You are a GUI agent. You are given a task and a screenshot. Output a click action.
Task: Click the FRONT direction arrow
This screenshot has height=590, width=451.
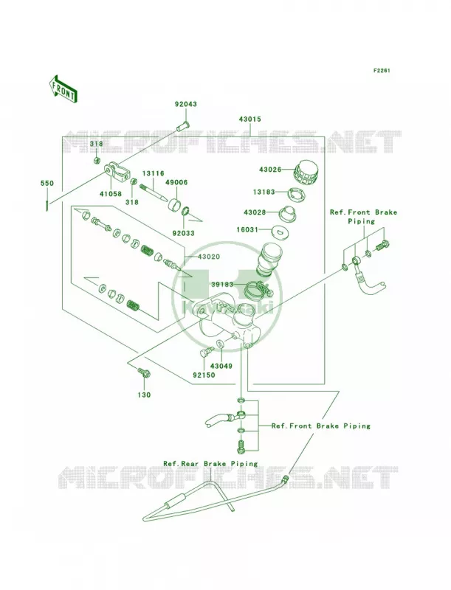tap(62, 88)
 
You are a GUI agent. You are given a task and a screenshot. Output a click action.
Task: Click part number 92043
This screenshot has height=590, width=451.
tap(185, 104)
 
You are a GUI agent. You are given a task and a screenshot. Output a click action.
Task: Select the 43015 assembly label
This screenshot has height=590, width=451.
tap(250, 119)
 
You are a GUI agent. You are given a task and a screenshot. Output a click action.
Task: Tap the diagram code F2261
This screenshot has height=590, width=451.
tap(382, 70)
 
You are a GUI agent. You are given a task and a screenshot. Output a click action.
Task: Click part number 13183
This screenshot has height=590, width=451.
tap(264, 192)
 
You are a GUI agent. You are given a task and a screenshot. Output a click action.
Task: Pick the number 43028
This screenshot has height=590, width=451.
tap(255, 212)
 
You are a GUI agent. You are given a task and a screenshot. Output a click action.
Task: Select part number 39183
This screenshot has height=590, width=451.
tap(222, 285)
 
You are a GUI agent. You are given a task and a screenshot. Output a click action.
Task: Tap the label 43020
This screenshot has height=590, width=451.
tap(209, 257)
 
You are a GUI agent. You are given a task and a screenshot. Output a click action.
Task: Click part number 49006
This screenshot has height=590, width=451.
tap(176, 182)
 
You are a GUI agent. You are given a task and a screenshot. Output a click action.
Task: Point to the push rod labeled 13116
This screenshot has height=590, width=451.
tap(154, 192)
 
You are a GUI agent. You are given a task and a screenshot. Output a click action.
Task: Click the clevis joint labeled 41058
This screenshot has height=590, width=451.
tap(118, 171)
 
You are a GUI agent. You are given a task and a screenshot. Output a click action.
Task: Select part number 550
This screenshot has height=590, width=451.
tap(47, 184)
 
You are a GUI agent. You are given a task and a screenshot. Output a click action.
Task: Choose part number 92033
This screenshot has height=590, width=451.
tap(183, 233)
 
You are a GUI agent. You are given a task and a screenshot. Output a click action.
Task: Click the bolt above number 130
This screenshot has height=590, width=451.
tap(144, 372)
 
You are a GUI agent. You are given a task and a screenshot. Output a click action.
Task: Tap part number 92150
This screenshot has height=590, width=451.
tap(204, 375)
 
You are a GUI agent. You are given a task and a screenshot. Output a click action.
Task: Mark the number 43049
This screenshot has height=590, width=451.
tap(221, 366)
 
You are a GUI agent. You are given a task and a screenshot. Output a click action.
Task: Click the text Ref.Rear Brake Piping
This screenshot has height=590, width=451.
tap(210, 464)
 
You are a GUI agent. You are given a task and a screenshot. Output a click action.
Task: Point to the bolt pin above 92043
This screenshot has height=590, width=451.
tap(182, 125)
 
